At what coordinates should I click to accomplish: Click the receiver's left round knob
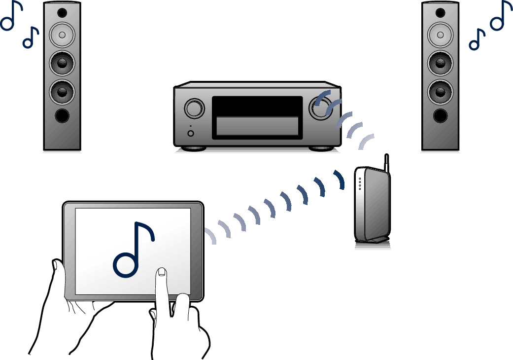[193, 108]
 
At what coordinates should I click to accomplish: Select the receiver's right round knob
[320, 108]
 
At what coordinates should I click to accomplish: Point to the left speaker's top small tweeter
[63, 12]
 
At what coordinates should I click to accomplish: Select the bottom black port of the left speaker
[63, 116]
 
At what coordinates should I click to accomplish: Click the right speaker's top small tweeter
[441, 12]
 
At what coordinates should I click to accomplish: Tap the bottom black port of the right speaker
[441, 116]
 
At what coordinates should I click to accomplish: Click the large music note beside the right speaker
[501, 16]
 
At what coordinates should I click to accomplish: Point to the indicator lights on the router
[360, 183]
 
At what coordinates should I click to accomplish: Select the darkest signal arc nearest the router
[340, 180]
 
